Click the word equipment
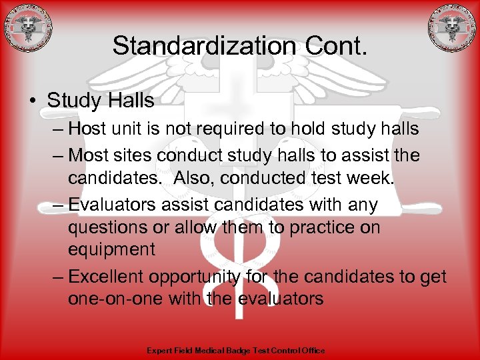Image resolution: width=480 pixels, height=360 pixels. pos(111,250)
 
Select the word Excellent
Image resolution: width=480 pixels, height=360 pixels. pos(106,277)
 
